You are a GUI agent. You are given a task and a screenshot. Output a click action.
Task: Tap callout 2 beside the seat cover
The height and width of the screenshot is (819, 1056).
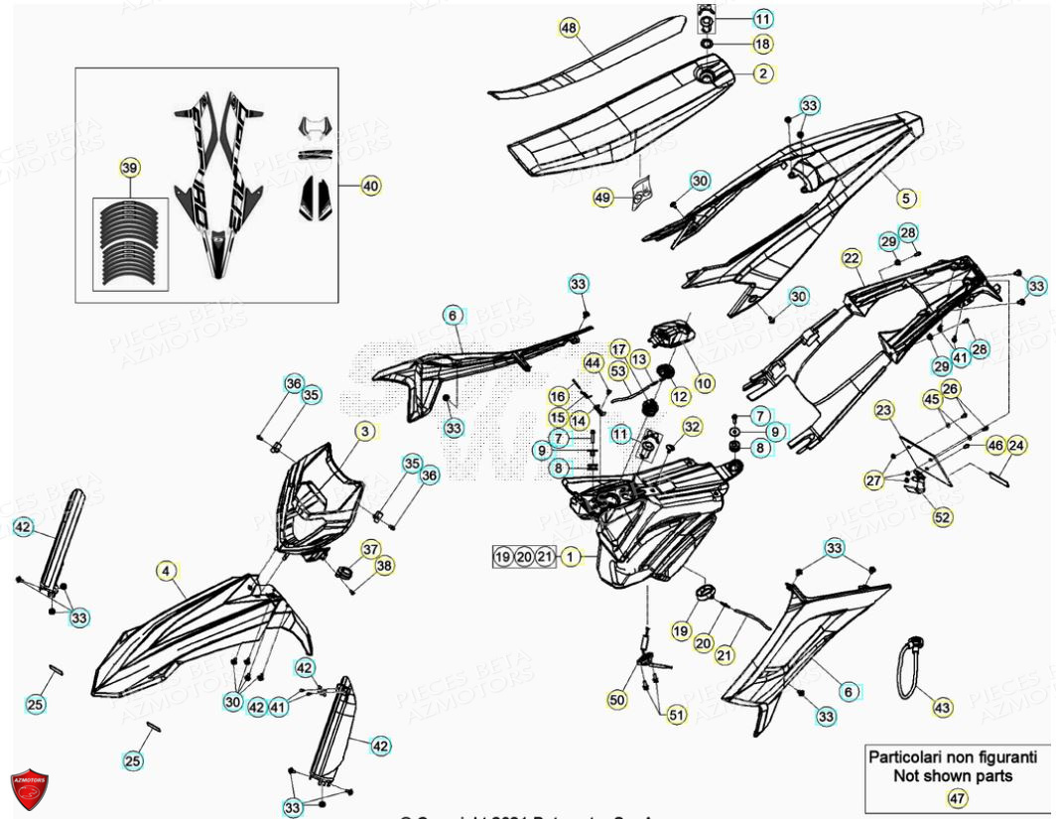[762, 72]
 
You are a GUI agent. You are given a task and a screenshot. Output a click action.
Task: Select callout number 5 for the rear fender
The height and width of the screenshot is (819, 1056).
[905, 198]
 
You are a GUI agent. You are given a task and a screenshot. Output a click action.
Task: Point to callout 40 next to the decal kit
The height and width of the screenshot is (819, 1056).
[370, 186]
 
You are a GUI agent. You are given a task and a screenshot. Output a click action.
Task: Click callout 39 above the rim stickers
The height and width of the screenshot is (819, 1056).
[129, 169]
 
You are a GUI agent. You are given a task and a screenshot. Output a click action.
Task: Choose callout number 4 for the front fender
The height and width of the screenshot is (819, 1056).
[167, 571]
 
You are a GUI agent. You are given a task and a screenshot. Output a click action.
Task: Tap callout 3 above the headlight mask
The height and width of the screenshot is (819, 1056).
[365, 431]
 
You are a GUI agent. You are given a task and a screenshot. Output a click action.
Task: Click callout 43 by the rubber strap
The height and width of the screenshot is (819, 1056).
[942, 708]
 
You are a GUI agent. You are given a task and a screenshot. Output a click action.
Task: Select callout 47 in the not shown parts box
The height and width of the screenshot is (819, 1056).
[956, 797]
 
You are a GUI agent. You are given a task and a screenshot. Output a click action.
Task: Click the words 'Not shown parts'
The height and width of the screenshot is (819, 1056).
[952, 776]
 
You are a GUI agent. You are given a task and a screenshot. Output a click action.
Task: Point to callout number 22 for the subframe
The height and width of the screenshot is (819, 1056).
[852, 258]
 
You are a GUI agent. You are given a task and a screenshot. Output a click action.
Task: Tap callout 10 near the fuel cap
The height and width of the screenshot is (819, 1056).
[704, 382]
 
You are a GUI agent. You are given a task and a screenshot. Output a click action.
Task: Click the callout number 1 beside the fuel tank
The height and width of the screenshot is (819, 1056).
[571, 558]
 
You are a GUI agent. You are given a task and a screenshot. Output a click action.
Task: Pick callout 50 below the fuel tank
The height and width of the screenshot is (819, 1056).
[617, 700]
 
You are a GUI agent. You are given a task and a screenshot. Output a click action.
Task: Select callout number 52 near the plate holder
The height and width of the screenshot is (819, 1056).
[942, 517]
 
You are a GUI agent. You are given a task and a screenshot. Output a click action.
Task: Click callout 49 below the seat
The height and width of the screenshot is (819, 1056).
[603, 199]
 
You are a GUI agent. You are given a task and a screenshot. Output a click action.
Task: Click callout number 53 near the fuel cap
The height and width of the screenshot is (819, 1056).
[618, 371]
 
